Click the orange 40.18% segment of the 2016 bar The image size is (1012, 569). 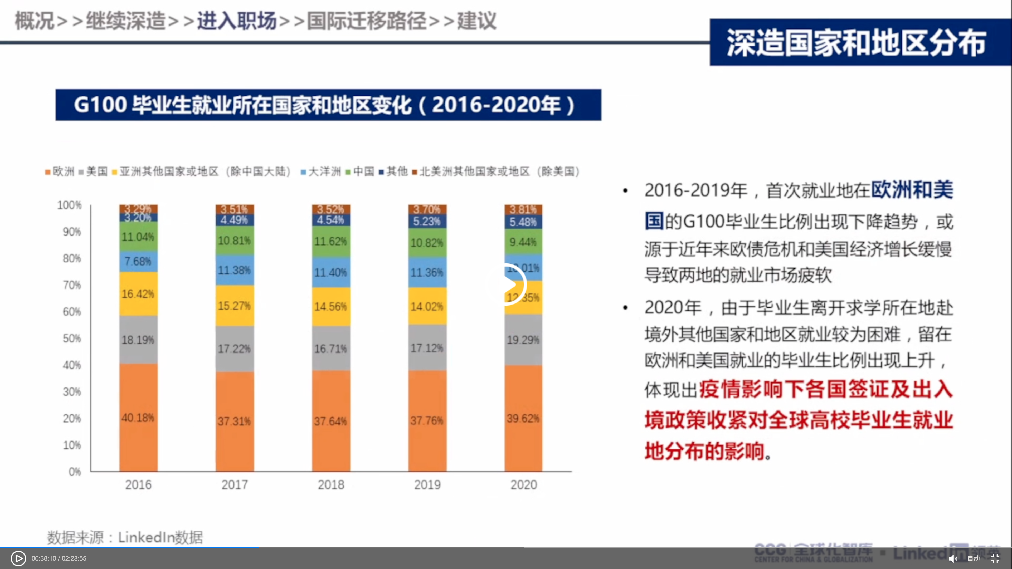coord(138,417)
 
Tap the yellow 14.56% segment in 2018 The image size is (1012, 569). coord(331,306)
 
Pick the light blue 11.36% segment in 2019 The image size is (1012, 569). coord(427,272)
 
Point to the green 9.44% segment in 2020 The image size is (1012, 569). coord(523,242)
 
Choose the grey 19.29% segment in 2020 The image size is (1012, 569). coord(523,339)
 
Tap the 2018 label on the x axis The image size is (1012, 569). coord(331,485)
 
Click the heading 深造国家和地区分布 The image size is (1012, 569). coord(857,43)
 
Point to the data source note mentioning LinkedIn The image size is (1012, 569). coord(125,537)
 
